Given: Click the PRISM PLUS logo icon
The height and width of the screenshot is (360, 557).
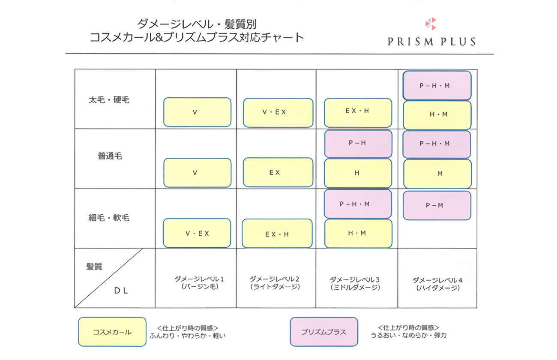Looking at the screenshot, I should (431, 24).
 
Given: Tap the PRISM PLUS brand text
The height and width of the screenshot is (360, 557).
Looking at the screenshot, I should (431, 42).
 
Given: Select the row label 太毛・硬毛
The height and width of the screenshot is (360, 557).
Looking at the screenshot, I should (109, 100).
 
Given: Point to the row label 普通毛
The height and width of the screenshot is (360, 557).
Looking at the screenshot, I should (110, 156).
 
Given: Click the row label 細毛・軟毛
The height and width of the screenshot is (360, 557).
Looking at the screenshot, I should (109, 218).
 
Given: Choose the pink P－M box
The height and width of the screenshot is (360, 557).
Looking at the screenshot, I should (437, 205).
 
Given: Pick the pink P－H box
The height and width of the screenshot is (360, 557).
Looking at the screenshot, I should (358, 144).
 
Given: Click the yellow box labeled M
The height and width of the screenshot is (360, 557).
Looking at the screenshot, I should (437, 174).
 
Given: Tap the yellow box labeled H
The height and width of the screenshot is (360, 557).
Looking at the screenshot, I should (358, 173).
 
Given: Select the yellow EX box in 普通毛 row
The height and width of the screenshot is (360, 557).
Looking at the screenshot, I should (278, 172).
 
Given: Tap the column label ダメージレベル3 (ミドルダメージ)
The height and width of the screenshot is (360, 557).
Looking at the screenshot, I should (355, 283).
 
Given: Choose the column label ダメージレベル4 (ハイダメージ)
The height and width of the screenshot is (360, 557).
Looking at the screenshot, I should (437, 284).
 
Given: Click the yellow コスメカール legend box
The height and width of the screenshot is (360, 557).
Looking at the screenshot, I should (112, 332).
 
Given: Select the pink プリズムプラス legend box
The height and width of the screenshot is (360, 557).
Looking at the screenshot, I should (323, 332).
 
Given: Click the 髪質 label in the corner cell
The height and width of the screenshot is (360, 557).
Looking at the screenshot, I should (94, 267).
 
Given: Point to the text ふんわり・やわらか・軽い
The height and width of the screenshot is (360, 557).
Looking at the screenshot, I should (188, 336).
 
